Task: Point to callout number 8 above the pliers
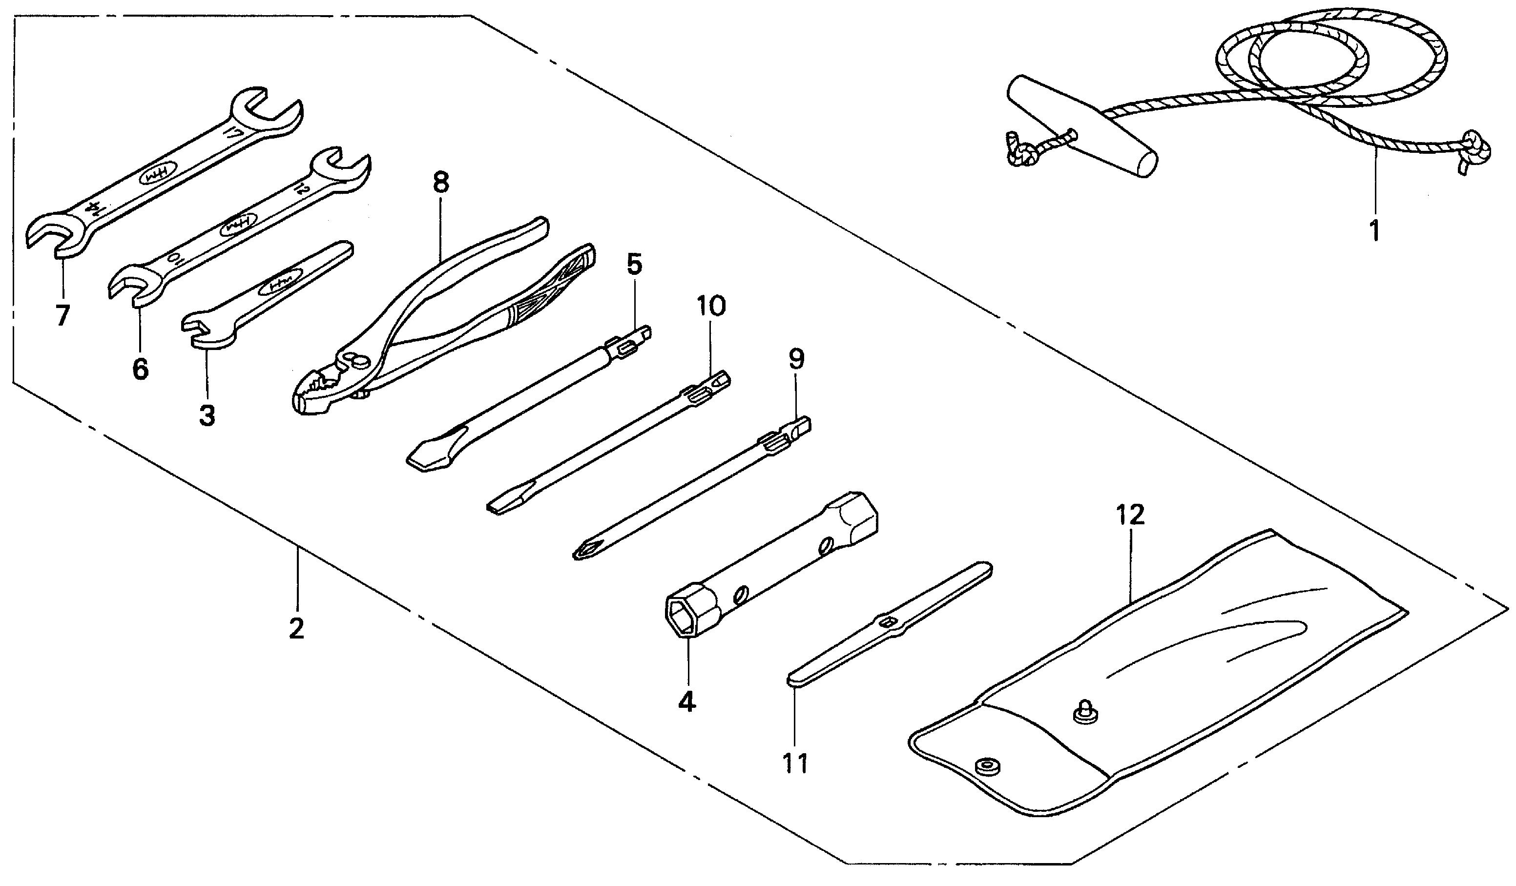(x=441, y=181)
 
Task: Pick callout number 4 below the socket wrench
(x=686, y=701)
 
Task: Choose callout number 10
(x=712, y=306)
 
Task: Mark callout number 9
(x=796, y=359)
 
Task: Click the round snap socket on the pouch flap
(x=984, y=766)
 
